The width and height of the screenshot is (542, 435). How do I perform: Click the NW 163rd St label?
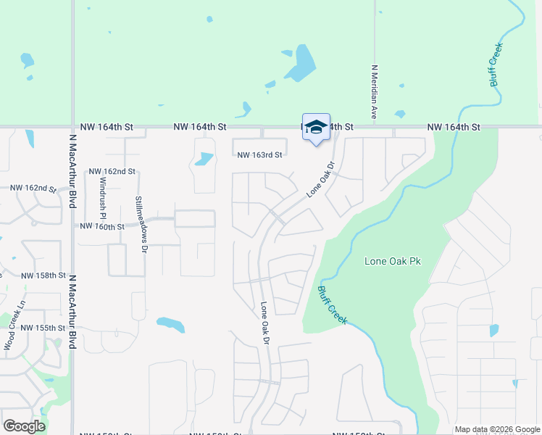tap(259, 154)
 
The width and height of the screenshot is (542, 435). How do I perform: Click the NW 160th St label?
tap(102, 226)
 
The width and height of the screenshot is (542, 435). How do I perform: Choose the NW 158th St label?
tap(43, 276)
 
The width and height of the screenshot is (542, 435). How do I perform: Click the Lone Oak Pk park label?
tap(393, 261)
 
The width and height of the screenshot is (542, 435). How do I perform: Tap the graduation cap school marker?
tap(315, 128)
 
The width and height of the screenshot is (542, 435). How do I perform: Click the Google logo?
tap(24, 426)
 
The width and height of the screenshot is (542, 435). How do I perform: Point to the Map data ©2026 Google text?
tap(497, 429)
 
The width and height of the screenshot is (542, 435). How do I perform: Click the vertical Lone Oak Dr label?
tap(265, 323)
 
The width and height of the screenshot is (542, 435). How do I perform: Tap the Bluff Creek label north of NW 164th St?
tap(496, 65)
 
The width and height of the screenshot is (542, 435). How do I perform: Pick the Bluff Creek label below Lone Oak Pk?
tap(332, 304)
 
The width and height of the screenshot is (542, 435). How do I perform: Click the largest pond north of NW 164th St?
tap(301, 63)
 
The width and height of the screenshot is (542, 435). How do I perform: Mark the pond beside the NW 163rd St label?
tap(205, 158)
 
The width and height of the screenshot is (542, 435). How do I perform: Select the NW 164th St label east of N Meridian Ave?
tap(454, 127)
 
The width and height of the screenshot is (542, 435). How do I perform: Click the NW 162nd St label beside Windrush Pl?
tap(112, 172)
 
